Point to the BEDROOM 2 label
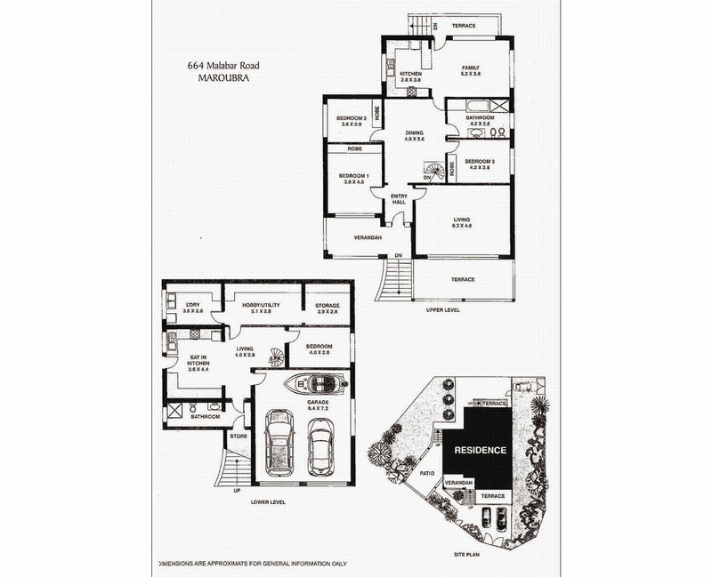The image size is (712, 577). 352,122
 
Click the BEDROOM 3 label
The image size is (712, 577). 480,164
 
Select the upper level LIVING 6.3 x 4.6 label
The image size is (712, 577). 461,223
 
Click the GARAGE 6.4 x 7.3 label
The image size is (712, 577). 318,405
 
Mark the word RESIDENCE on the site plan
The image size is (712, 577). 481,450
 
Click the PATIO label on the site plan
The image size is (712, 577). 428,473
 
